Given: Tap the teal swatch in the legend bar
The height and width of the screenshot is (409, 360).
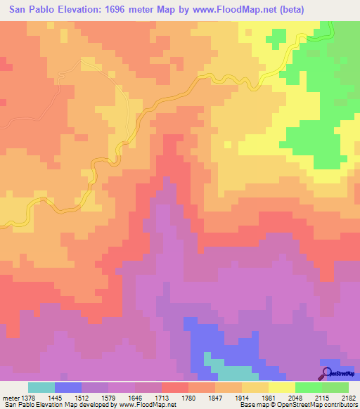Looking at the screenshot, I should [41, 387].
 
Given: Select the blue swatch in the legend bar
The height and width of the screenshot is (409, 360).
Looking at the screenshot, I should [68, 387].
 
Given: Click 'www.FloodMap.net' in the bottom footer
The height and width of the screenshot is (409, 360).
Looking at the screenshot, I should [148, 405].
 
